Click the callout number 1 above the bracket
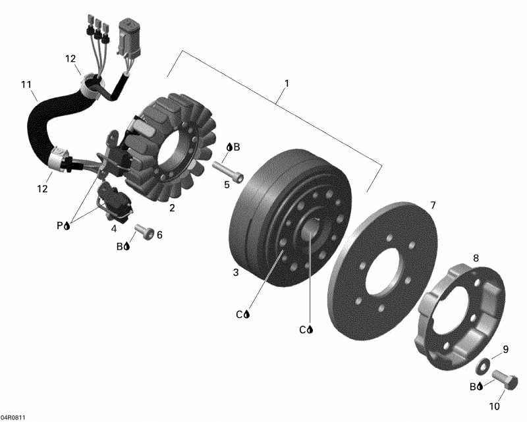click(x=287, y=84)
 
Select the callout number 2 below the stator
click(x=172, y=208)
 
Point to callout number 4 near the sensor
click(x=114, y=228)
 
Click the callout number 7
click(x=433, y=205)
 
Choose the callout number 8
click(x=476, y=258)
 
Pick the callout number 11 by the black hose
click(x=26, y=84)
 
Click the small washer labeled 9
click(x=484, y=364)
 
